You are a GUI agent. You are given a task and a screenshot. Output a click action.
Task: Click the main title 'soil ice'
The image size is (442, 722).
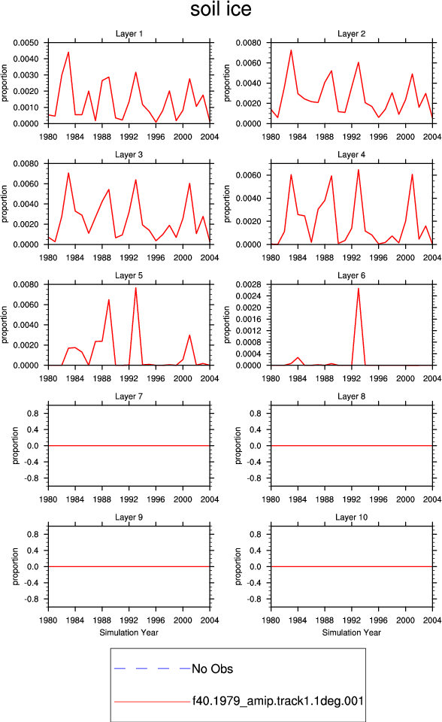(x=221, y=9)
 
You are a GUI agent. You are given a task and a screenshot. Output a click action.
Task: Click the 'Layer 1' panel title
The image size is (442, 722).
(x=129, y=34)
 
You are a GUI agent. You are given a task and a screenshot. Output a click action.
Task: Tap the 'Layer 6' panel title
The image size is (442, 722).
(x=351, y=275)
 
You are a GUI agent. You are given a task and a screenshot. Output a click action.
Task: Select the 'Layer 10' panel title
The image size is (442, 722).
(x=351, y=517)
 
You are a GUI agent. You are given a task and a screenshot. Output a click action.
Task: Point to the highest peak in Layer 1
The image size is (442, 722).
(x=68, y=52)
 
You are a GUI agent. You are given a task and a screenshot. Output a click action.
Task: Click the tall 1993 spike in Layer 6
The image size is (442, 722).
(x=359, y=289)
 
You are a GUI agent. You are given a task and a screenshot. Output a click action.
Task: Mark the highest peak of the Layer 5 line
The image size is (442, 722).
(x=135, y=288)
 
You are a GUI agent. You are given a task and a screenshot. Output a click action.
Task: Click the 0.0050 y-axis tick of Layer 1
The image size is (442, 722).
(x=26, y=43)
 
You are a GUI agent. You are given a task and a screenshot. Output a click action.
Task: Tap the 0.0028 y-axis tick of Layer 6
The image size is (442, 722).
(x=249, y=284)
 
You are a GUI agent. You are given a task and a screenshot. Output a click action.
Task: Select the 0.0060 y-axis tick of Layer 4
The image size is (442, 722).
(x=249, y=175)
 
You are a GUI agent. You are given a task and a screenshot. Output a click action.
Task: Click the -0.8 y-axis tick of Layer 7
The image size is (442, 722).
(x=32, y=478)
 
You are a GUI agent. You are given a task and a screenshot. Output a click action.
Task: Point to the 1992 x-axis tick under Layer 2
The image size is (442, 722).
(x=351, y=137)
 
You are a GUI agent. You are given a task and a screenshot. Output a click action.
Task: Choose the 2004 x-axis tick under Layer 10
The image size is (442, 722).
(x=432, y=620)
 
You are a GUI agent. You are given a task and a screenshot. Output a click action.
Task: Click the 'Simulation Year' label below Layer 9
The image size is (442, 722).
(x=129, y=633)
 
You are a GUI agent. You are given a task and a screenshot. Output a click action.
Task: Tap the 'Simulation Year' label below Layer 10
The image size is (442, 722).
(x=351, y=633)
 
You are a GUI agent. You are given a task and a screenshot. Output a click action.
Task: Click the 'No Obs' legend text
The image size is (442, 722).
(x=212, y=669)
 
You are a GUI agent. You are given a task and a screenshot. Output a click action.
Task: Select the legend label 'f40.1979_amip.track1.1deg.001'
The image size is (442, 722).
(x=277, y=701)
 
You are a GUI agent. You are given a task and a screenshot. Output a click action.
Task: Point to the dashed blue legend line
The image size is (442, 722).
(x=153, y=668)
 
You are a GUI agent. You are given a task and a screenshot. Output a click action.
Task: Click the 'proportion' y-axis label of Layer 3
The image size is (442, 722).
(x=5, y=204)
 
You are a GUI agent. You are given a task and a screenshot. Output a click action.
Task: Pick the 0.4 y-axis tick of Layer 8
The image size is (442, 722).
(x=256, y=429)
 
